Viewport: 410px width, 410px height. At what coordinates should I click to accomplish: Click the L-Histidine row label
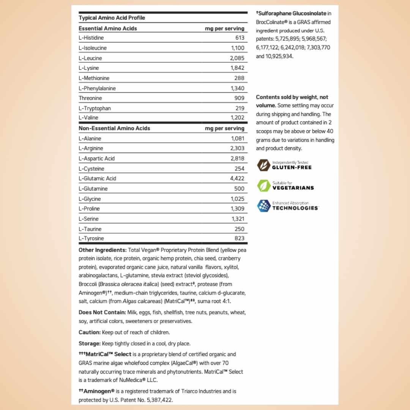(91, 38)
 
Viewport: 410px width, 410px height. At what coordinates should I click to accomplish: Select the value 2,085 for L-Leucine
(237, 58)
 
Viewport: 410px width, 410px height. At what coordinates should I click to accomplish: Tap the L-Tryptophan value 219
(240, 108)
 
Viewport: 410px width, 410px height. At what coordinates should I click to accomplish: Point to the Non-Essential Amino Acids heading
(114, 128)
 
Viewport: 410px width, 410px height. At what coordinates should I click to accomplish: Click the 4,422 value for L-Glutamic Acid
(237, 178)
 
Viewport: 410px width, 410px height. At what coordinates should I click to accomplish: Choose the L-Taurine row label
(90, 229)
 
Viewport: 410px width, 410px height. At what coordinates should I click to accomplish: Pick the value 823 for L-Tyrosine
(240, 238)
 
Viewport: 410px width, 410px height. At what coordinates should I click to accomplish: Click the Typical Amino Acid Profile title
(112, 18)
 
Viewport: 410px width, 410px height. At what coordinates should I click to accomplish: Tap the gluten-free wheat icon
(263, 165)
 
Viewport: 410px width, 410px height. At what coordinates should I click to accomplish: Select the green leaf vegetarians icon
(263, 186)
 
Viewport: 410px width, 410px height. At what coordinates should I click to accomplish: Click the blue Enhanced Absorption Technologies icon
(263, 206)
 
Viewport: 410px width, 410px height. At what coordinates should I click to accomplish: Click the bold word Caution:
(90, 333)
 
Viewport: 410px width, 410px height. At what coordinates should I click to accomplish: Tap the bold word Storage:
(90, 344)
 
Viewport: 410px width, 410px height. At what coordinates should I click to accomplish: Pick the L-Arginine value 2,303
(237, 148)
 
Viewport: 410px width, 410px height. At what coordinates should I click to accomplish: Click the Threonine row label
(90, 98)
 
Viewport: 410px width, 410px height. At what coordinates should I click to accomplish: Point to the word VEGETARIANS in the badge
(293, 188)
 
